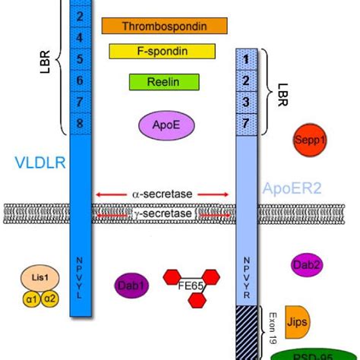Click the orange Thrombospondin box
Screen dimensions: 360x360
pos(165,26)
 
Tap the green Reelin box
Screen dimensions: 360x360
pos(164,82)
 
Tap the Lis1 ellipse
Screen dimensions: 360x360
pos(40,279)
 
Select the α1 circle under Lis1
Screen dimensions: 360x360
pos(31,298)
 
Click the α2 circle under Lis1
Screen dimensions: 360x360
pos(50,298)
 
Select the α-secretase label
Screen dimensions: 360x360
pos(163,194)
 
